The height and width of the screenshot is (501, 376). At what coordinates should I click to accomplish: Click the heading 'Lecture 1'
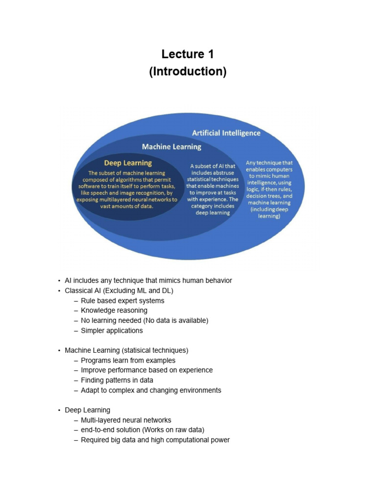click(188, 54)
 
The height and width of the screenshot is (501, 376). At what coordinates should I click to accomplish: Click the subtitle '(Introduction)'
click(188, 71)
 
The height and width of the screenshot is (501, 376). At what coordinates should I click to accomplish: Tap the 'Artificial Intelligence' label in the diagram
click(226, 133)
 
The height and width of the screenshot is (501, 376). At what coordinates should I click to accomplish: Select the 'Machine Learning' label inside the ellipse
click(171, 146)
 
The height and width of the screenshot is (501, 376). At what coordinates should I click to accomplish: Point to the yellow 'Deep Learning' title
click(128, 163)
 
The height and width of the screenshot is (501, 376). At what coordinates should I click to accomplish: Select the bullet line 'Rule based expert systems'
click(122, 301)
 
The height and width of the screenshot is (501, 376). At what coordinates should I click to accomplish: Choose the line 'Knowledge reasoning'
click(114, 311)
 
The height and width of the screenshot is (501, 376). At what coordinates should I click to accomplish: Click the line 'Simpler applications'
click(112, 331)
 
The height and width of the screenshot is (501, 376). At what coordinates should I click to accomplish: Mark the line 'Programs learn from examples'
click(128, 361)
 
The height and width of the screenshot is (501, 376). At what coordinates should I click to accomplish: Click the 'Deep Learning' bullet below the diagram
click(87, 410)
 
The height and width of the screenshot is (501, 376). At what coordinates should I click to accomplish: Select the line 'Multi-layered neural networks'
click(126, 420)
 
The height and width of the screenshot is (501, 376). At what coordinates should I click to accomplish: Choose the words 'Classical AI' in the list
click(82, 291)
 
